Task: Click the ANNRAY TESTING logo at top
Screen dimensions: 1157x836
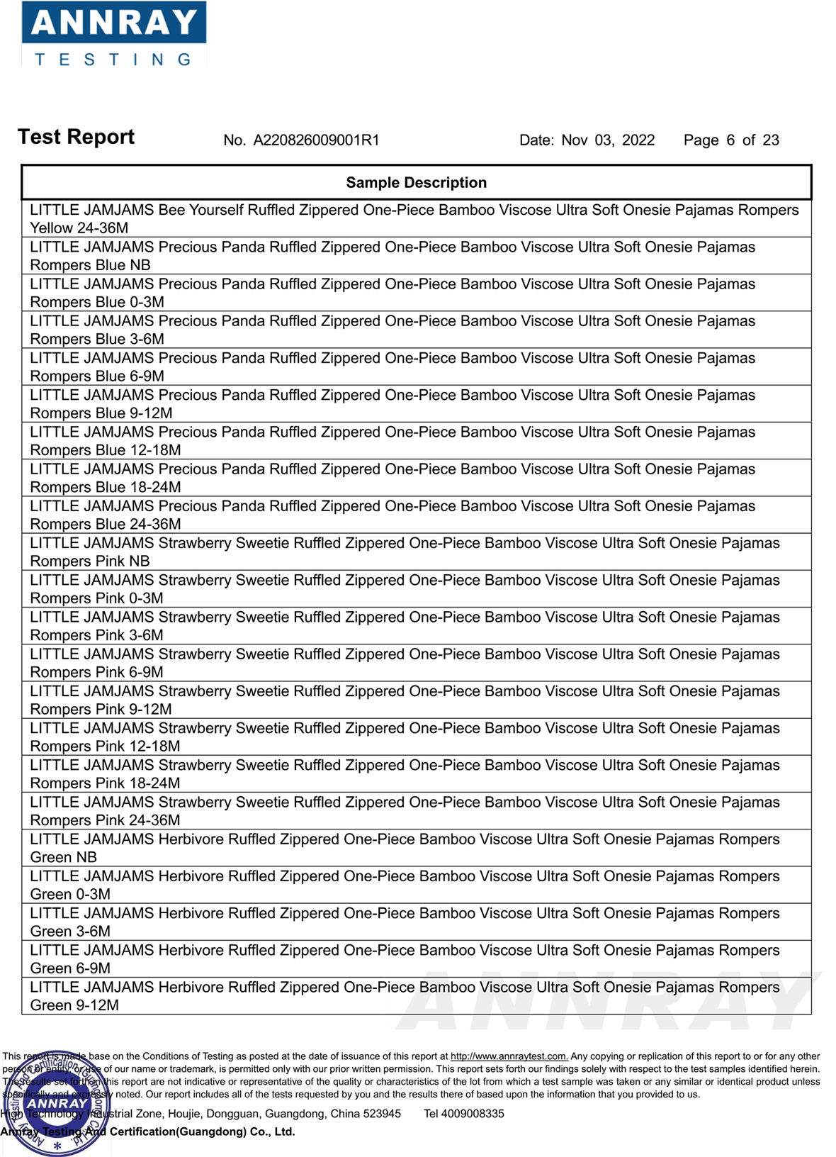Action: tap(113, 34)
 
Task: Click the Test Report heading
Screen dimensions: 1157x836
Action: tap(76, 137)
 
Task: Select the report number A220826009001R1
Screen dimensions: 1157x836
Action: tap(316, 140)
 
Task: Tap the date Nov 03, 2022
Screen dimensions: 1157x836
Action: tap(608, 140)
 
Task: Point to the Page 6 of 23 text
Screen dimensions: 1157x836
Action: tap(730, 140)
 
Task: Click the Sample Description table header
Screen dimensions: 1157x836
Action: tap(416, 183)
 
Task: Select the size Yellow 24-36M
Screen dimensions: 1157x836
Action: tap(79, 228)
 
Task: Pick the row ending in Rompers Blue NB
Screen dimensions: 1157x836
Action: tap(90, 265)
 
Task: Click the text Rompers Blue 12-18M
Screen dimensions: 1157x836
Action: tap(106, 450)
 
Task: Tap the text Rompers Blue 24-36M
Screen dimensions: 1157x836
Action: tap(106, 525)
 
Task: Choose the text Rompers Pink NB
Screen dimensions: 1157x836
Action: tap(90, 561)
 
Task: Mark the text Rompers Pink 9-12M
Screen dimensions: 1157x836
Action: tap(101, 710)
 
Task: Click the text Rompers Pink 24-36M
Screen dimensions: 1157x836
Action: tap(105, 820)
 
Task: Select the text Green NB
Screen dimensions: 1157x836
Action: tap(63, 857)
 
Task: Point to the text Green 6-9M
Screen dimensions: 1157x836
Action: tap(70, 968)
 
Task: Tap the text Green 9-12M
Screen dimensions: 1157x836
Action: tap(74, 1005)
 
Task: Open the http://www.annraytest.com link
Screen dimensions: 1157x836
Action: tap(509, 1056)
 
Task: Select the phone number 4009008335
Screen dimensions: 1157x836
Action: tap(473, 1114)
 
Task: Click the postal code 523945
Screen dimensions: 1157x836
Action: tap(382, 1114)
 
